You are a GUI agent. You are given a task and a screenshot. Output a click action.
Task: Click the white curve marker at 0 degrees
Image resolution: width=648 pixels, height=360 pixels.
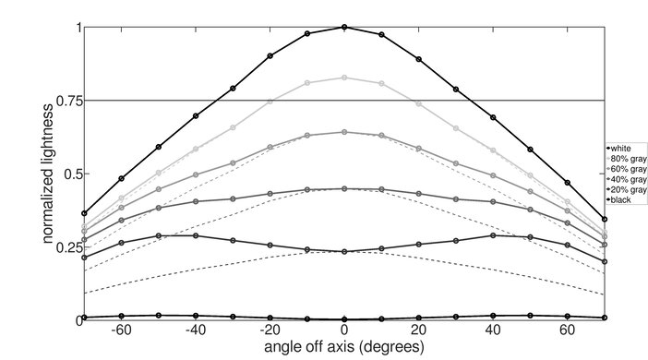(344, 27)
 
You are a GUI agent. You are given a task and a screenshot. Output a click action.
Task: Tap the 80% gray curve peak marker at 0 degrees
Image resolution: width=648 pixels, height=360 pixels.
(344, 78)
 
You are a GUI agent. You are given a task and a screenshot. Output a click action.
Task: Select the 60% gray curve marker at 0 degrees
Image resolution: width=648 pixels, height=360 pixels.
(344, 132)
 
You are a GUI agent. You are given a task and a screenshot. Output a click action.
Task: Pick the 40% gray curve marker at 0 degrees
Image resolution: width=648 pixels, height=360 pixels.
(344, 188)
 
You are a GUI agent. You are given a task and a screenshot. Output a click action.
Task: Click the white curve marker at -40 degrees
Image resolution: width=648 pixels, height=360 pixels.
(196, 116)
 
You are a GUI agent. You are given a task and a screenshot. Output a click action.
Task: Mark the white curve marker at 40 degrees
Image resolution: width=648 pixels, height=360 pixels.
(493, 117)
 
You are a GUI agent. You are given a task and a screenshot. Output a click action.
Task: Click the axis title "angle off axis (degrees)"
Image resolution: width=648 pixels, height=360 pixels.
(344, 347)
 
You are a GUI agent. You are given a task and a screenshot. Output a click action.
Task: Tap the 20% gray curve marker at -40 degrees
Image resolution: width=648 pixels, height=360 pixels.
(196, 235)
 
